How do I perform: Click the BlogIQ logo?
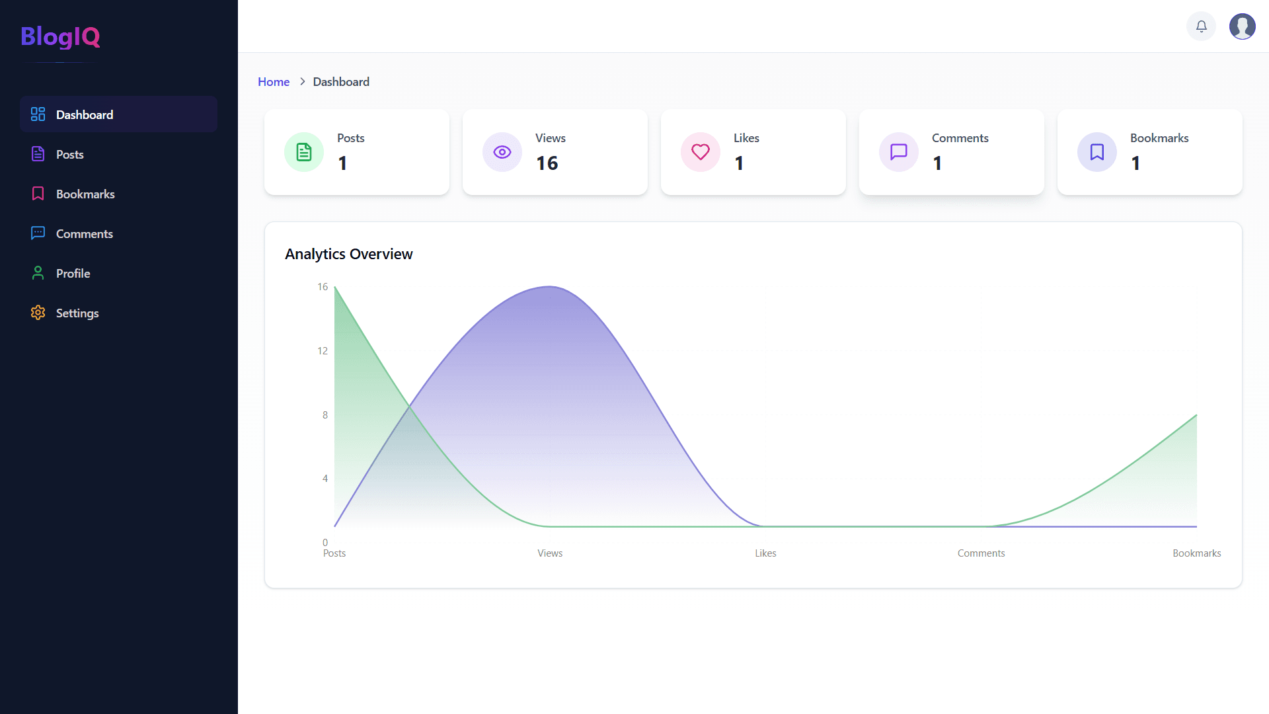click(x=60, y=36)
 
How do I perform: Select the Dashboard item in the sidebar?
click(x=85, y=114)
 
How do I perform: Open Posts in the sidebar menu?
click(x=69, y=154)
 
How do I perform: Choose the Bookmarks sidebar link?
click(x=85, y=194)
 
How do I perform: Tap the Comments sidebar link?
click(x=84, y=233)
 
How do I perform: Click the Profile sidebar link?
click(x=73, y=273)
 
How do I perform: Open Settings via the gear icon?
click(x=38, y=313)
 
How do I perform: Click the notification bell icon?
click(x=1201, y=26)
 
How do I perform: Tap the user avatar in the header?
click(x=1242, y=26)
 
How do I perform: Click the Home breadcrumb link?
click(x=274, y=81)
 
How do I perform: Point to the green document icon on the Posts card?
click(x=304, y=152)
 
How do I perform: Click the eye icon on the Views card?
click(x=502, y=152)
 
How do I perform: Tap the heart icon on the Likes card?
click(x=701, y=152)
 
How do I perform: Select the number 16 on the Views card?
click(x=547, y=163)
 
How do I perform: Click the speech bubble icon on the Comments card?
click(x=899, y=152)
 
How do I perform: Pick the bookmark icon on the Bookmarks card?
click(x=1097, y=152)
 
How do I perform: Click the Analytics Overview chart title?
click(x=348, y=254)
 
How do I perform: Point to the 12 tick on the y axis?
click(x=323, y=350)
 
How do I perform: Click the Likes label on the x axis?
click(x=765, y=553)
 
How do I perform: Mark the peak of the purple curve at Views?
click(x=550, y=287)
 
